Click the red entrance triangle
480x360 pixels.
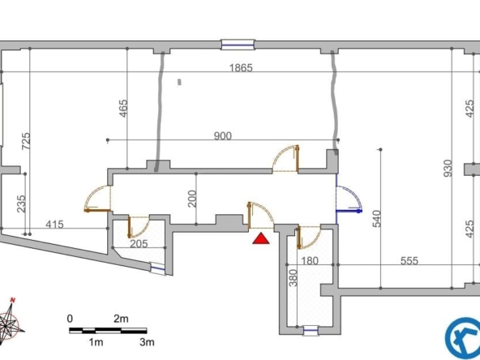pos(261,239)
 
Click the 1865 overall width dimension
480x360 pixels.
pos(242,67)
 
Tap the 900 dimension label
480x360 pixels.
pos(222,135)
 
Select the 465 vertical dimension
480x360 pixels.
pos(122,108)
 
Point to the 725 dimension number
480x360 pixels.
pos(26,141)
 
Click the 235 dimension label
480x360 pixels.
pos(21,204)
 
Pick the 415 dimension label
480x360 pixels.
pos(54,225)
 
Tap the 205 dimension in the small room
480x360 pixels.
pos(139,244)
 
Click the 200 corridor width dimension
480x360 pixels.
pos(192,199)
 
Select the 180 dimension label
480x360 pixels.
pos(310,261)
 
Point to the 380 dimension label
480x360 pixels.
pos(293,278)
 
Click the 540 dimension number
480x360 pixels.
pos(376,219)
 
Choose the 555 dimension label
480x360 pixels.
pos(409,260)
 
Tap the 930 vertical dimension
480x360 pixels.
pos(448,168)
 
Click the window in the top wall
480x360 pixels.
pos(238,45)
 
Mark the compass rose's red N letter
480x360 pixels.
pos(12,300)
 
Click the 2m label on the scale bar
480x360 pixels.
pos(121,319)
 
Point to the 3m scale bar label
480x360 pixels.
pos(147,342)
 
